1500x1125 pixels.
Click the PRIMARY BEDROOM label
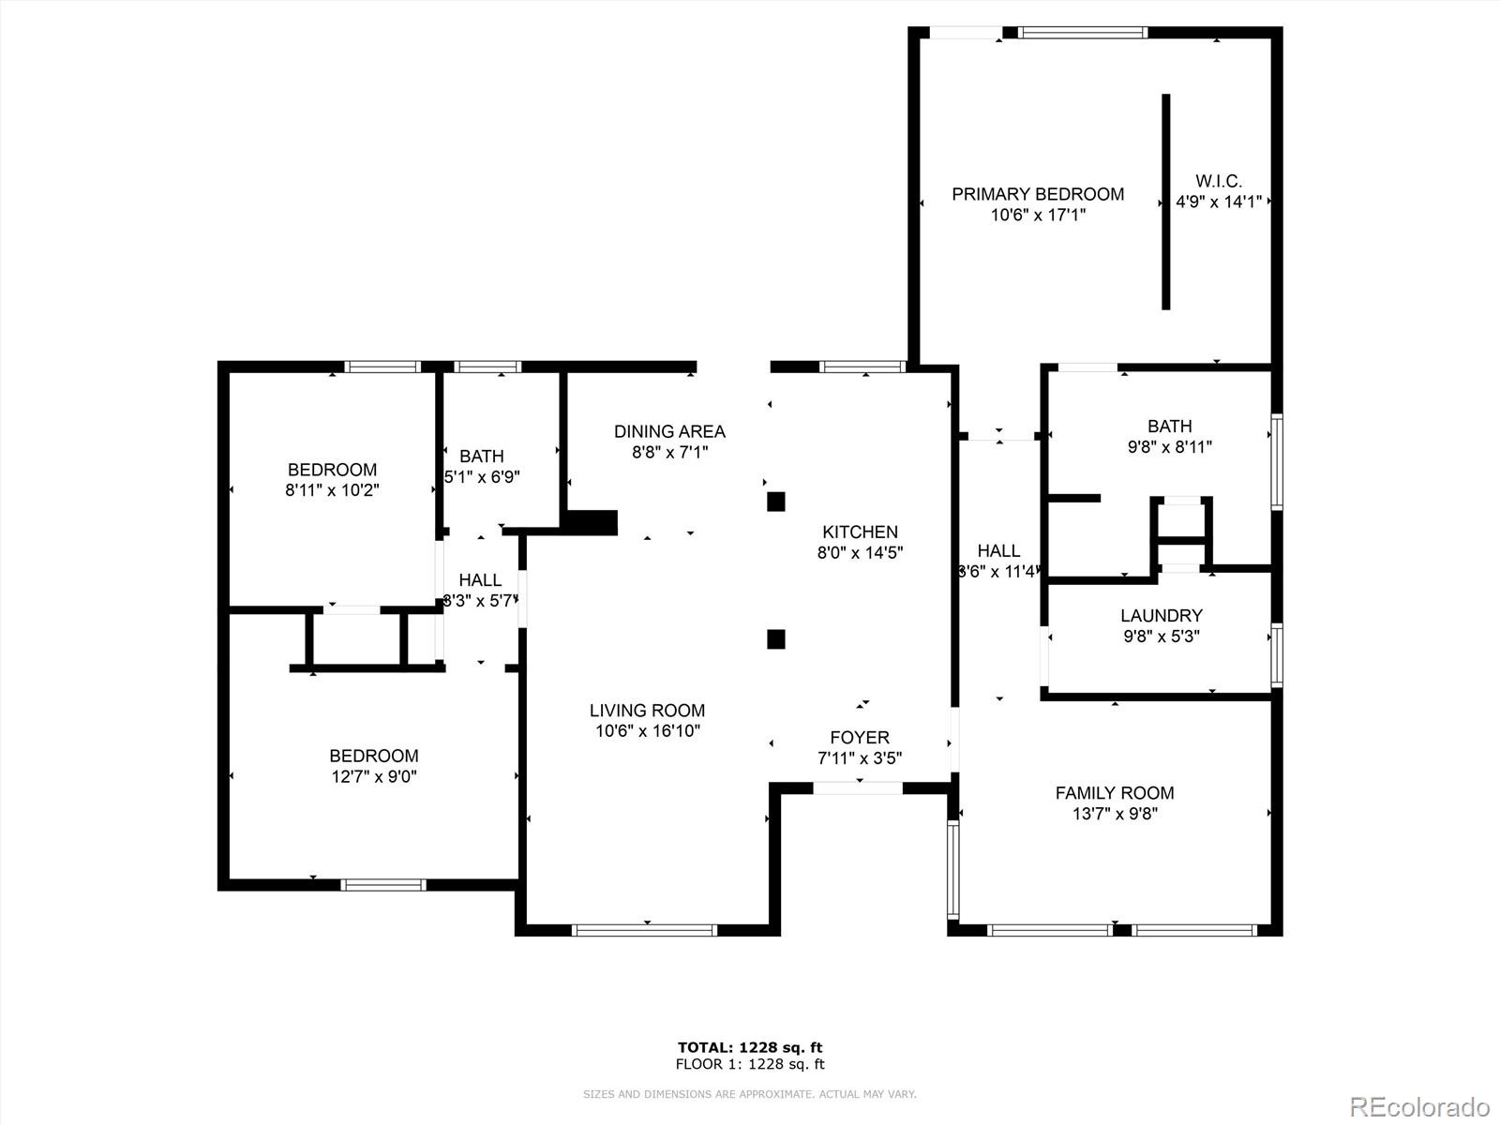click(1038, 194)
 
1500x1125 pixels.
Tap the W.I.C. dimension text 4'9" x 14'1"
click(1219, 202)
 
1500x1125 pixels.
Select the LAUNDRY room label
click(1162, 616)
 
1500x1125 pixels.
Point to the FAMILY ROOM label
click(1115, 793)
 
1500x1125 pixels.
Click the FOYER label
click(860, 738)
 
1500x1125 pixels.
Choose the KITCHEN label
click(860, 532)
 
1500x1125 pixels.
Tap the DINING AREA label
click(669, 431)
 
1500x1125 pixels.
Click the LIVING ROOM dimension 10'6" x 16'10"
click(647, 731)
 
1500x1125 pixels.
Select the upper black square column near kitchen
click(775, 502)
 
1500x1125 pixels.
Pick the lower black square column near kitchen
click(775, 639)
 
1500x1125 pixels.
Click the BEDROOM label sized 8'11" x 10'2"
click(332, 470)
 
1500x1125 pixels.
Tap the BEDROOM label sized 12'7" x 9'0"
click(373, 756)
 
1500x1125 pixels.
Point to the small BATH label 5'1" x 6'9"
click(481, 457)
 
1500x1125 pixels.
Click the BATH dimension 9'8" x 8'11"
click(1169, 447)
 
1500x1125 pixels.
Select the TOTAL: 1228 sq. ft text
click(750, 1047)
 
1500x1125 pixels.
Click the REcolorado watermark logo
click(1419, 1106)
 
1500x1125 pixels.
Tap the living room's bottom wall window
click(645, 930)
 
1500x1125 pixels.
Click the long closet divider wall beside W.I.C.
click(1165, 202)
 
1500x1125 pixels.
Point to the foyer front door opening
click(857, 788)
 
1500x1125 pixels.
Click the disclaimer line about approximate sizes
click(750, 1094)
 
